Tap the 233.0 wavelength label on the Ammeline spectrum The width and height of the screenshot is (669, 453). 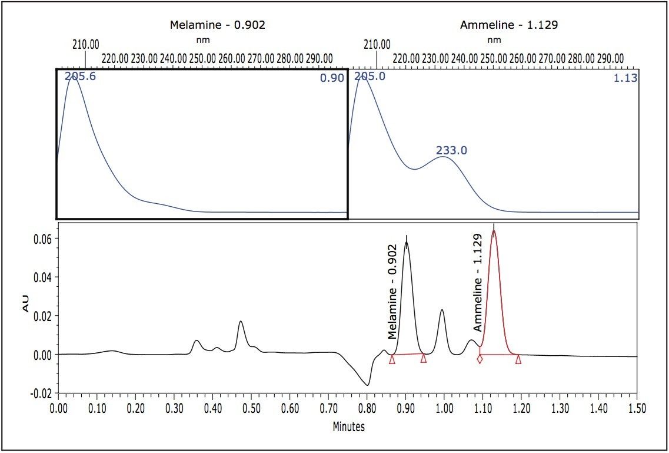451,151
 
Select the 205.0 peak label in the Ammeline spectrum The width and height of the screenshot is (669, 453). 370,76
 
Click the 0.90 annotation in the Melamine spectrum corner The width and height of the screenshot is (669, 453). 331,78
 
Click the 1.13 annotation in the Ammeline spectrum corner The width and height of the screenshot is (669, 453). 625,78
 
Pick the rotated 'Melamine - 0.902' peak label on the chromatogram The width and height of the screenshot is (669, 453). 394,292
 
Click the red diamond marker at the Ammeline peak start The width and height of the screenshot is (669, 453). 480,359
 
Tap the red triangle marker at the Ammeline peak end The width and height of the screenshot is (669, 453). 518,359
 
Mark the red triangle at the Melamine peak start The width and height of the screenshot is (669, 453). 392,359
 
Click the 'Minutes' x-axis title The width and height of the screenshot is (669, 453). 348,426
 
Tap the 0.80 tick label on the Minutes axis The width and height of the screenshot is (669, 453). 367,408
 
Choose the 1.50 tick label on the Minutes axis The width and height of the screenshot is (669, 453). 637,408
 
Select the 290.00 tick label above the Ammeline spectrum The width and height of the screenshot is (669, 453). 610,59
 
